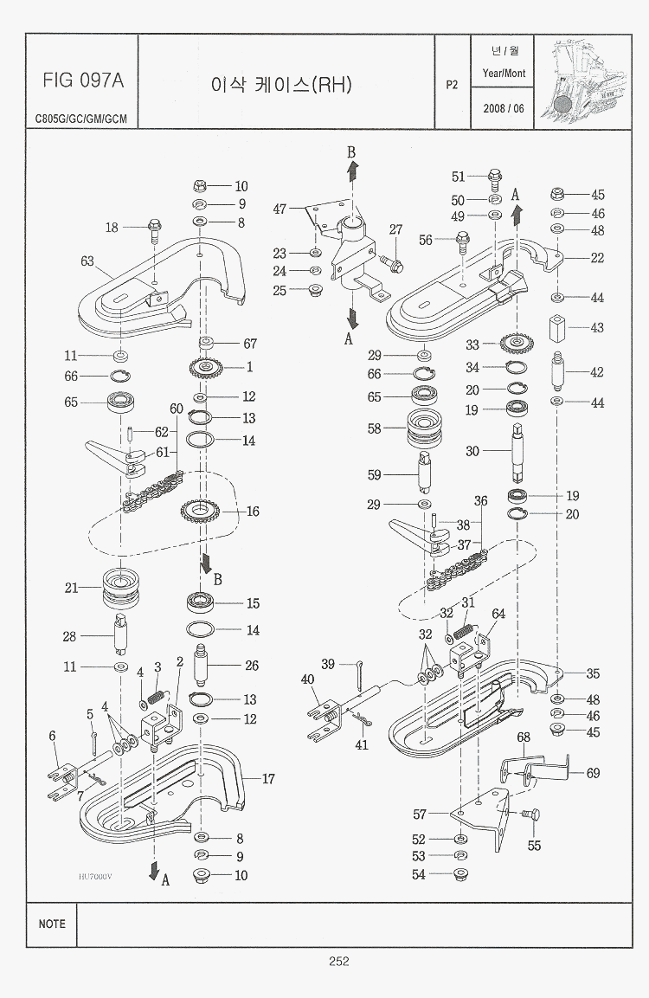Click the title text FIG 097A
click(x=83, y=81)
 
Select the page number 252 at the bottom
click(x=338, y=961)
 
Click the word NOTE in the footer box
click(x=52, y=924)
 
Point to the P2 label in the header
click(x=452, y=85)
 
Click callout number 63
click(x=87, y=261)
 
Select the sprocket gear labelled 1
click(x=206, y=369)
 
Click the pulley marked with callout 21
click(x=121, y=589)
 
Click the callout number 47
click(x=280, y=209)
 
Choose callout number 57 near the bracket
click(x=420, y=814)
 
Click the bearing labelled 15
click(x=207, y=602)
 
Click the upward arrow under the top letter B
click(x=352, y=172)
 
